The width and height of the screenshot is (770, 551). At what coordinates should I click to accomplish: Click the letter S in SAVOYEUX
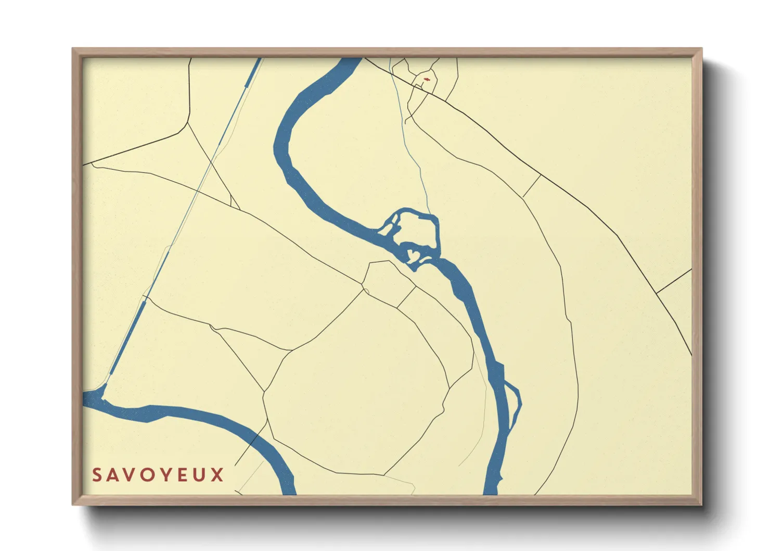click(97, 475)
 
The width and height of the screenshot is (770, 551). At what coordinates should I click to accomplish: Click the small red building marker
click(426, 79)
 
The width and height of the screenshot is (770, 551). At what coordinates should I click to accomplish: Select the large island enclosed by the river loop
click(417, 229)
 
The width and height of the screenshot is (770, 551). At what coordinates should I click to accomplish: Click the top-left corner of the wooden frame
click(73, 49)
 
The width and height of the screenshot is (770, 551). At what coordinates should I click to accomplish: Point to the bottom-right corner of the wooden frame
click(701, 504)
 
